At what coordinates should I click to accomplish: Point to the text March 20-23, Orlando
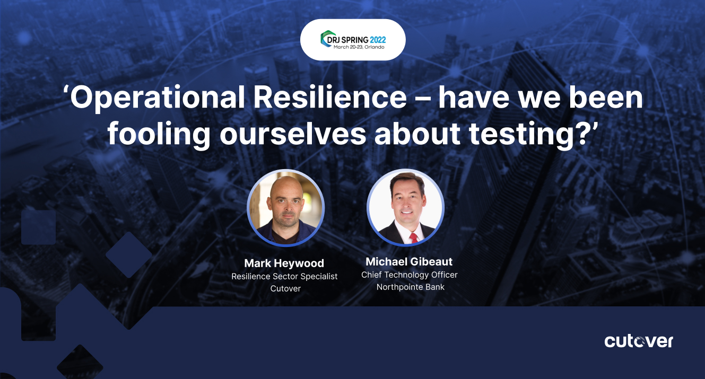tap(359, 47)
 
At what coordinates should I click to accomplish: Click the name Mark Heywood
tap(284, 263)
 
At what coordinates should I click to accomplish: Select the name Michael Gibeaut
tap(409, 262)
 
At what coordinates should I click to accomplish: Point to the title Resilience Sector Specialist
tap(284, 276)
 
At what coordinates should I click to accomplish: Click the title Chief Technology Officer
tap(409, 275)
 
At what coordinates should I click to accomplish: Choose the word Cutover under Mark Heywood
tap(285, 289)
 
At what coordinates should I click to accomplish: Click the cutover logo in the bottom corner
tap(639, 341)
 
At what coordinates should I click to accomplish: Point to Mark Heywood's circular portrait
tap(285, 208)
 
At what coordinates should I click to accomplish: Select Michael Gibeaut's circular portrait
tap(405, 207)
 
